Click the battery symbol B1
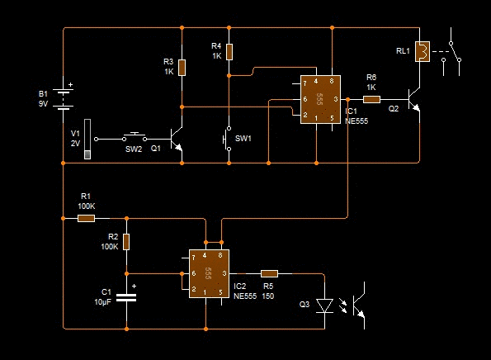click(64, 99)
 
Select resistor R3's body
click(182, 68)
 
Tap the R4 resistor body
click(229, 52)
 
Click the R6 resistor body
click(371, 100)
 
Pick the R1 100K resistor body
click(86, 218)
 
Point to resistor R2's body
click(126, 242)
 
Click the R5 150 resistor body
click(269, 273)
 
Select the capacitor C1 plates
click(126, 297)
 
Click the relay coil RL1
click(423, 51)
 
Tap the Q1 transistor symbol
click(176, 139)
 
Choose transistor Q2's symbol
click(414, 100)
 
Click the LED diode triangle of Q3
click(324, 306)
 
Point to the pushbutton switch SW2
click(135, 138)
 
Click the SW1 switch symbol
click(227, 139)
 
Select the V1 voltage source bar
click(87, 139)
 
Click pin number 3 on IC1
click(336, 99)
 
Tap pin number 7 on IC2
click(194, 258)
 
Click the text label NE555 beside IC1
click(356, 121)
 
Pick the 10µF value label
click(102, 302)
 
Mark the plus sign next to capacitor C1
click(134, 286)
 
